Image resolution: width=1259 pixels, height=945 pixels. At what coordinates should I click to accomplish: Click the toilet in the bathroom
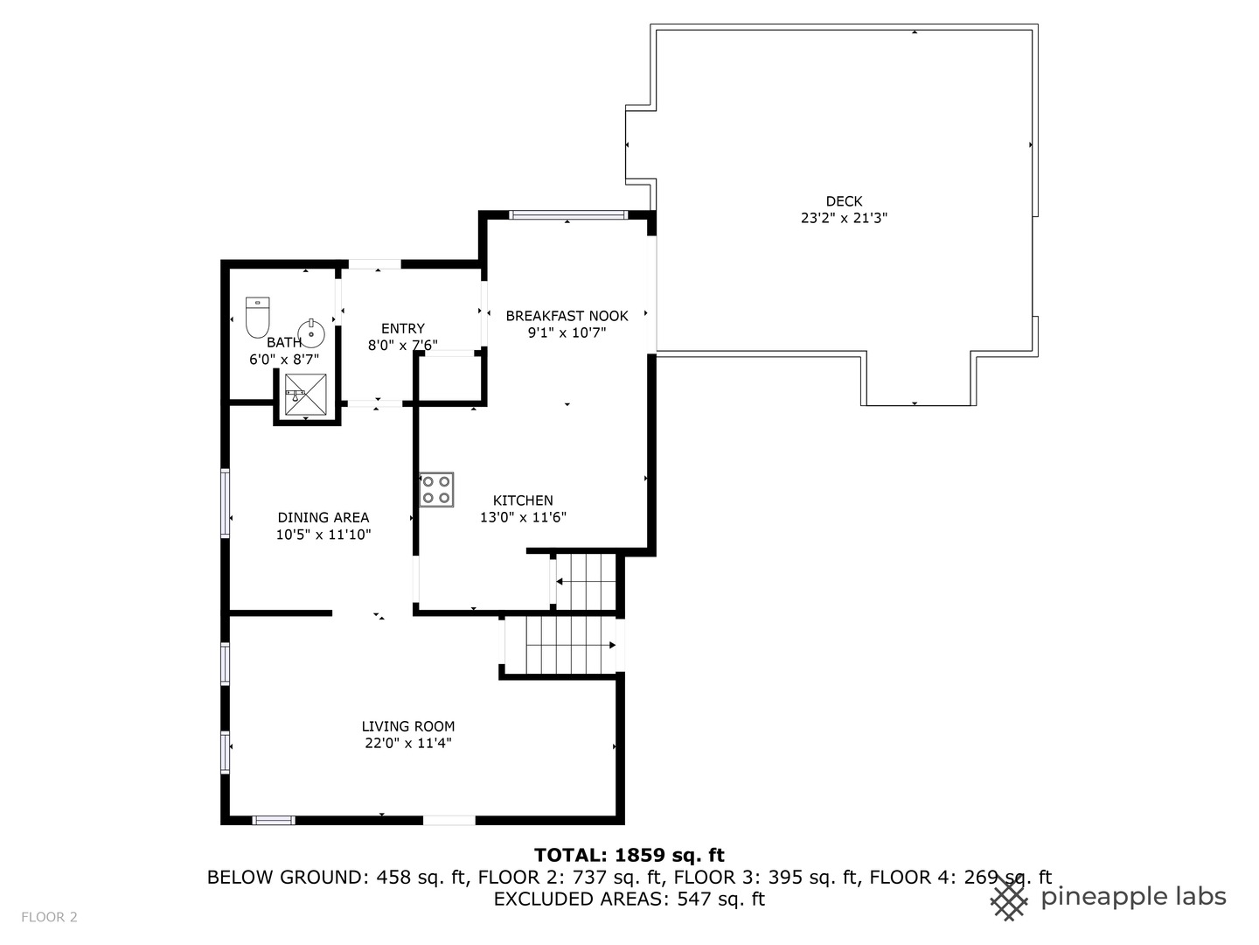(258, 318)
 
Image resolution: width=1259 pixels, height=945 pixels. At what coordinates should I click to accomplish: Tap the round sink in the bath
(311, 333)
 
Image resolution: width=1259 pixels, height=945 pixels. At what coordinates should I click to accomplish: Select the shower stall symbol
(306, 394)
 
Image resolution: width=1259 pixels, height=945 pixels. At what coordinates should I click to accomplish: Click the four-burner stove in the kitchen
(436, 489)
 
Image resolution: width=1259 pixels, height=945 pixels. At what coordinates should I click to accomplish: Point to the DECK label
(844, 201)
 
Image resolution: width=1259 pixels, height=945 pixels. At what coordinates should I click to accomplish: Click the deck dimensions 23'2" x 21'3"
(844, 218)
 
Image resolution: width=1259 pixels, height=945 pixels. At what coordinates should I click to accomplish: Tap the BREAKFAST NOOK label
(567, 316)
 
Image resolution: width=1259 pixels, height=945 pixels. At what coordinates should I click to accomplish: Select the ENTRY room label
(403, 329)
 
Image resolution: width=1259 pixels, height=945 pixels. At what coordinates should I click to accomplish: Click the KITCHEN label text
(523, 500)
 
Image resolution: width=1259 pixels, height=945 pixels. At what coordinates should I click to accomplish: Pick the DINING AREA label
(323, 517)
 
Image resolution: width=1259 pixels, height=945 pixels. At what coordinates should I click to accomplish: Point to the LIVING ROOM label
(407, 726)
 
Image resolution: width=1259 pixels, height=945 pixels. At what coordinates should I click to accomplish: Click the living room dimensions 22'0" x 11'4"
(407, 743)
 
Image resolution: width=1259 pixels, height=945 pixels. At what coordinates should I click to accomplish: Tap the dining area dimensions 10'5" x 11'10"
(323, 535)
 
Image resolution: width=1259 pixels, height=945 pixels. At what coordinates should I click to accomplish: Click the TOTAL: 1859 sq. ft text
(629, 856)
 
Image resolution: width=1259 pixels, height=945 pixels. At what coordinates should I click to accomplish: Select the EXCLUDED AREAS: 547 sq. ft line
(629, 899)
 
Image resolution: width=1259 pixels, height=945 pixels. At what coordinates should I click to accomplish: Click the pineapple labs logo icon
(1009, 899)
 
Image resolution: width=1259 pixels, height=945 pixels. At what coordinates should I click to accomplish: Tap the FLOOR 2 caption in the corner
(49, 918)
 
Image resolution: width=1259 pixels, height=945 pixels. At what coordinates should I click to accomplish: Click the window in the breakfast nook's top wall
(567, 215)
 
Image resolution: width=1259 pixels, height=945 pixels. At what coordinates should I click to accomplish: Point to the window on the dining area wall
(226, 504)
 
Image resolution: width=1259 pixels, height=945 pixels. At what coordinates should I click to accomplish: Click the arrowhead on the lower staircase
(613, 645)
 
